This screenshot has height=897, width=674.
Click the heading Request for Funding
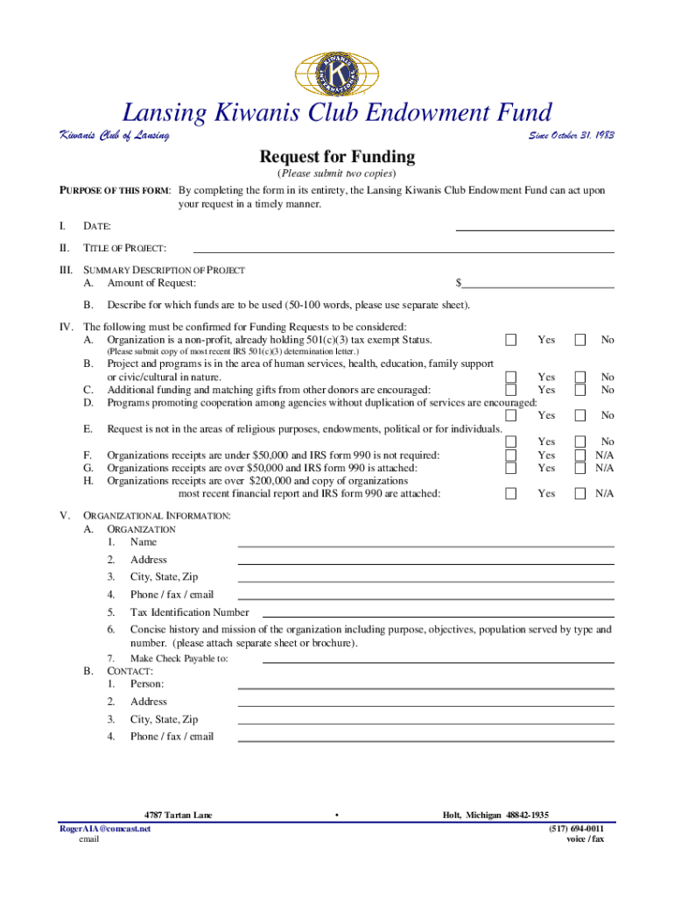[337, 158]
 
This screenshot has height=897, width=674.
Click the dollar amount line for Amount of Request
[537, 283]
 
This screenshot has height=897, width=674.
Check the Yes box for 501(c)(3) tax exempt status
[511, 340]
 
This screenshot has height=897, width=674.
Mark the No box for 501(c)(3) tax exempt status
[579, 340]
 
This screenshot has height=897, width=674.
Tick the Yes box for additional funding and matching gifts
[511, 389]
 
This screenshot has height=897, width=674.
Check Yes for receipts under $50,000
[511, 455]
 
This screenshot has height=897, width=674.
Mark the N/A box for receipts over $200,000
[579, 494]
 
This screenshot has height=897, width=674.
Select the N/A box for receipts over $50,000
[579, 468]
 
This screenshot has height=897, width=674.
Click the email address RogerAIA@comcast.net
[105, 829]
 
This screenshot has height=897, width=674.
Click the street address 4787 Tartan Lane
[178, 816]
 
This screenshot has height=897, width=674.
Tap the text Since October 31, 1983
[571, 136]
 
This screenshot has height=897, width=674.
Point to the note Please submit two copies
[337, 173]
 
